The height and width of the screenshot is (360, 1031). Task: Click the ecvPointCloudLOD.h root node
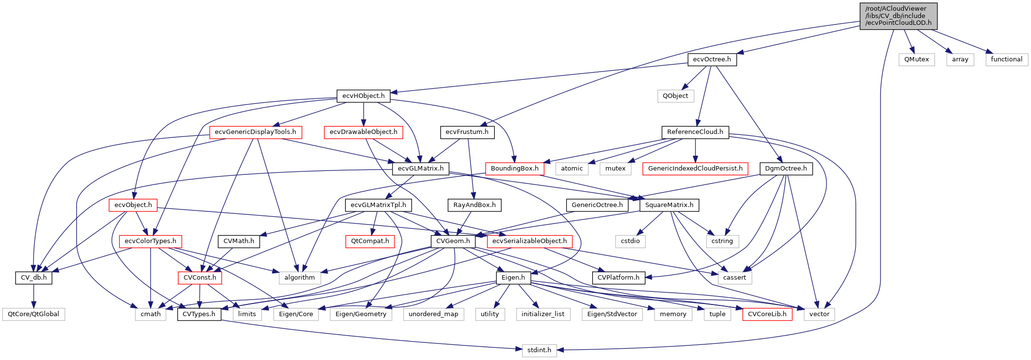click(x=898, y=16)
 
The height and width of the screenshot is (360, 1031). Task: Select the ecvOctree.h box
click(x=712, y=59)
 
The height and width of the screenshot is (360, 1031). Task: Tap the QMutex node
click(x=916, y=59)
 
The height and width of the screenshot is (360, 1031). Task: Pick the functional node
click(x=1006, y=59)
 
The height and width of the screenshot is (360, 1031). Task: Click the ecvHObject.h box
click(x=363, y=96)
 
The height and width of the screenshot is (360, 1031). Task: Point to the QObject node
click(x=675, y=96)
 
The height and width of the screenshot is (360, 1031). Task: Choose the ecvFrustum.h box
click(x=467, y=132)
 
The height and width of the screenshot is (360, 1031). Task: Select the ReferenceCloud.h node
click(x=695, y=132)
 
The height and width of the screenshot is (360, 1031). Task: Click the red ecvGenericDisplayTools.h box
click(x=255, y=132)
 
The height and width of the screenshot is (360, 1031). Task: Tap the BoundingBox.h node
click(x=514, y=169)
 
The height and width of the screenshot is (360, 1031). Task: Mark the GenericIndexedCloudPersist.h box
click(x=695, y=169)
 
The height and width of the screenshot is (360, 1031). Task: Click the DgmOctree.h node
click(x=786, y=169)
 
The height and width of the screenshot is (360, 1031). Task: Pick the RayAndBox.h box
click(x=474, y=205)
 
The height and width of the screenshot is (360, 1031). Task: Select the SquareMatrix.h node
click(x=669, y=205)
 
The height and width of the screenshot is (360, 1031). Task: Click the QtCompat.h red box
click(x=370, y=241)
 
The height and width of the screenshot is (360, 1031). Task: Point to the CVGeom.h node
click(x=453, y=241)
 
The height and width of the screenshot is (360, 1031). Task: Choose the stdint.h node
click(x=539, y=350)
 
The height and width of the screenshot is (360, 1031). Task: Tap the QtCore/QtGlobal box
click(x=33, y=314)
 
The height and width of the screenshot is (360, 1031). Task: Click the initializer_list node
click(x=543, y=314)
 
